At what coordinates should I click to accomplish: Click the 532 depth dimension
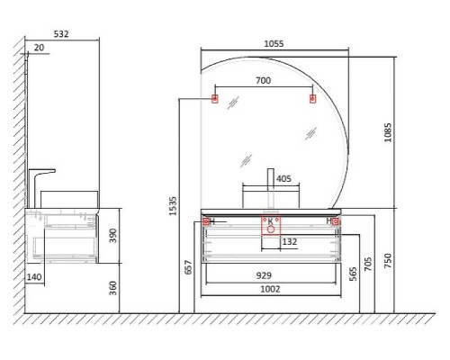coord(61,34)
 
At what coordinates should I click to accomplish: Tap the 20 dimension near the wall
coord(39,48)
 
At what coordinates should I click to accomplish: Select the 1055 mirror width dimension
coord(274,44)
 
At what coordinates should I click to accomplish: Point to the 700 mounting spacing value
coord(263,80)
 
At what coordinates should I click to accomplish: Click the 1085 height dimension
coord(388,132)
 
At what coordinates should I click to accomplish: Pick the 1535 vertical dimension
coord(173,206)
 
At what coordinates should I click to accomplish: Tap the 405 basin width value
coord(283,178)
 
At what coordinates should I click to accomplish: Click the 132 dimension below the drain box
coord(290,241)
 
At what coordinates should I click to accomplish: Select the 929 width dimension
coord(264,275)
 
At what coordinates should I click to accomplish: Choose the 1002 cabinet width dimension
coord(270,289)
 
